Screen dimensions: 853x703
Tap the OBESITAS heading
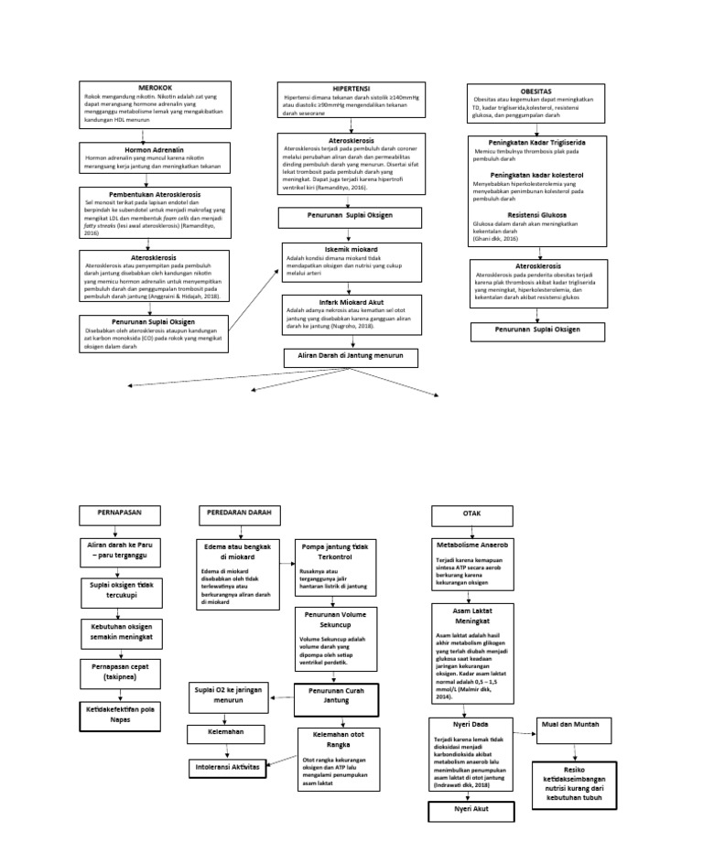[x=535, y=92]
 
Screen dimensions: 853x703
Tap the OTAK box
[x=471, y=513]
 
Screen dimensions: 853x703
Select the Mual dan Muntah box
[x=574, y=724]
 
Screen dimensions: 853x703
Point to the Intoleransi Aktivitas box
[x=226, y=765]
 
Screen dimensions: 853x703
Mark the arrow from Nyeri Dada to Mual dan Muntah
[x=522, y=727]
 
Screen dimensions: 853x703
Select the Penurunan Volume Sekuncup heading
[x=335, y=620]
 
